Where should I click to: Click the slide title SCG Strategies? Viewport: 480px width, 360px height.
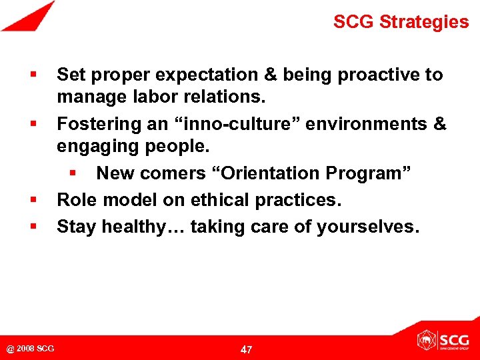point(401,22)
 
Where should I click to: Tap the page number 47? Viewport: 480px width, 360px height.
point(246,349)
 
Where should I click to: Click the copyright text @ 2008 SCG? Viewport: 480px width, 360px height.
point(31,349)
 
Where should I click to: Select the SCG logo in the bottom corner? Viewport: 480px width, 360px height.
point(443,340)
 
